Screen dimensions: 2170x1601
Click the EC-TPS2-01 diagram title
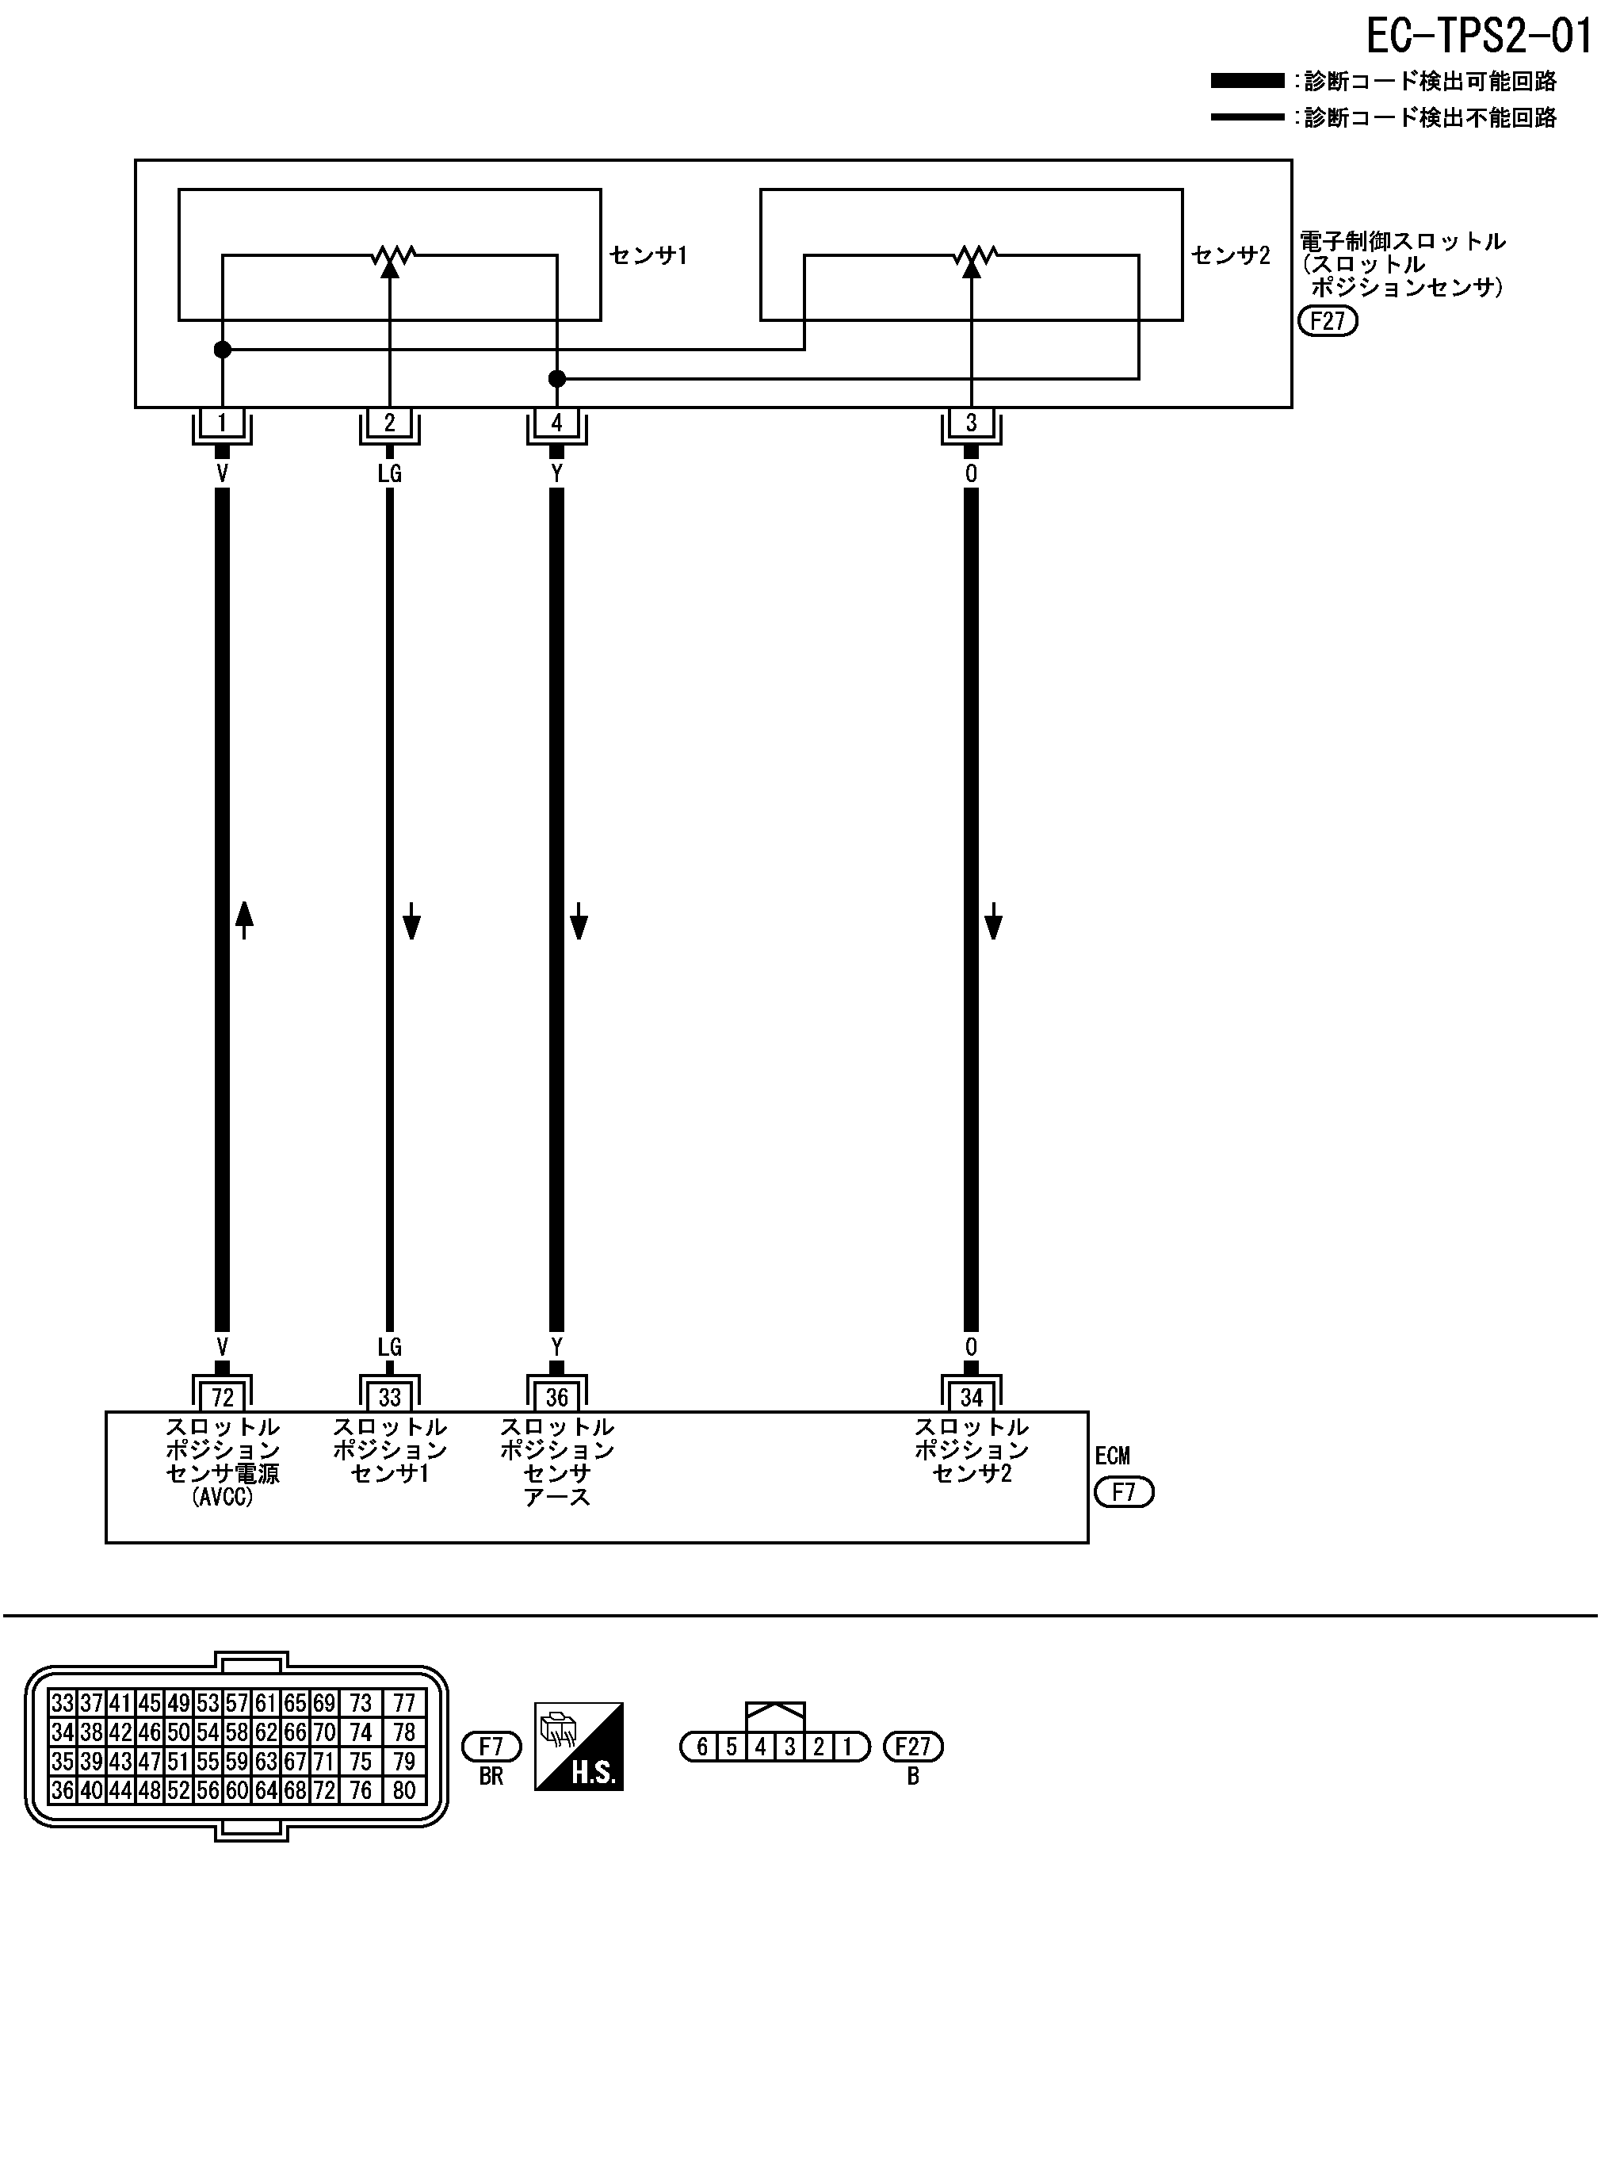pyautogui.click(x=1479, y=36)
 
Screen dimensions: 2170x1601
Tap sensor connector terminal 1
pyautogui.click(x=222, y=423)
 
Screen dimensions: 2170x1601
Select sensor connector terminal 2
pyautogui.click(x=390, y=423)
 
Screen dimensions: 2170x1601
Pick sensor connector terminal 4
pyautogui.click(x=556, y=423)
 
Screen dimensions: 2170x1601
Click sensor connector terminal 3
pyautogui.click(x=971, y=423)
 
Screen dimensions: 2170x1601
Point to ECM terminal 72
pyautogui.click(x=222, y=1397)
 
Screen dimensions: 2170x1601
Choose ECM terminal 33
pyautogui.click(x=390, y=1397)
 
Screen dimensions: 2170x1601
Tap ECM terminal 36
pyautogui.click(x=556, y=1397)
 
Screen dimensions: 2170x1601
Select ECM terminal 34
pyautogui.click(x=971, y=1397)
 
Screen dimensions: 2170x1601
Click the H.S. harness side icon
pyautogui.click(x=579, y=1746)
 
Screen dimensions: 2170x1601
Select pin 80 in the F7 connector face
pyautogui.click(x=404, y=1790)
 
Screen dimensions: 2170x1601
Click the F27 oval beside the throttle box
pyautogui.click(x=1328, y=321)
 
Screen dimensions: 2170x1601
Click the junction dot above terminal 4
pyautogui.click(x=556, y=378)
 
